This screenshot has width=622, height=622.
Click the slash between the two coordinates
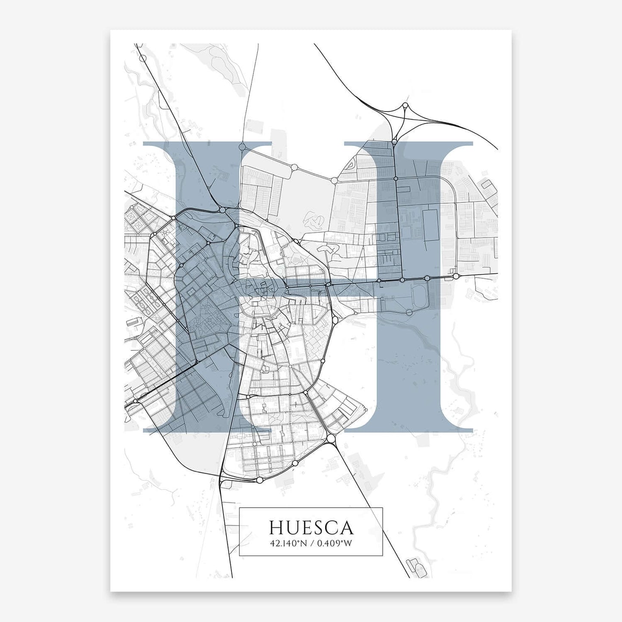click(312, 543)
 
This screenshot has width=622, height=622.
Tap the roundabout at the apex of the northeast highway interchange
click(405, 105)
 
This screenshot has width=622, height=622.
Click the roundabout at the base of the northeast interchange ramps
click(394, 141)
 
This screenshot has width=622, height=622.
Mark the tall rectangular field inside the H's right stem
click(431, 225)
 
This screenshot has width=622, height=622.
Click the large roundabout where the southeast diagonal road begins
click(331, 438)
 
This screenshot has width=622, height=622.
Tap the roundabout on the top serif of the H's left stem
click(242, 147)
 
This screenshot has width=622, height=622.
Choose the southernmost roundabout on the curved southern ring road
click(260, 480)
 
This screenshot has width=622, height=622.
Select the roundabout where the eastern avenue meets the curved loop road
click(455, 275)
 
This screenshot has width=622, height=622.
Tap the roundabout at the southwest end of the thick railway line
click(135, 401)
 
